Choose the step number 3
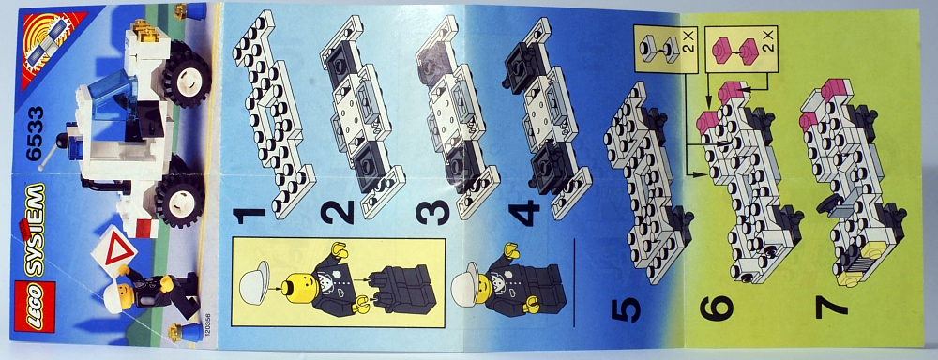click(x=432, y=213)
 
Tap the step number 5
click(x=626, y=309)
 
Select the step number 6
click(x=717, y=308)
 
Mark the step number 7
click(x=832, y=307)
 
